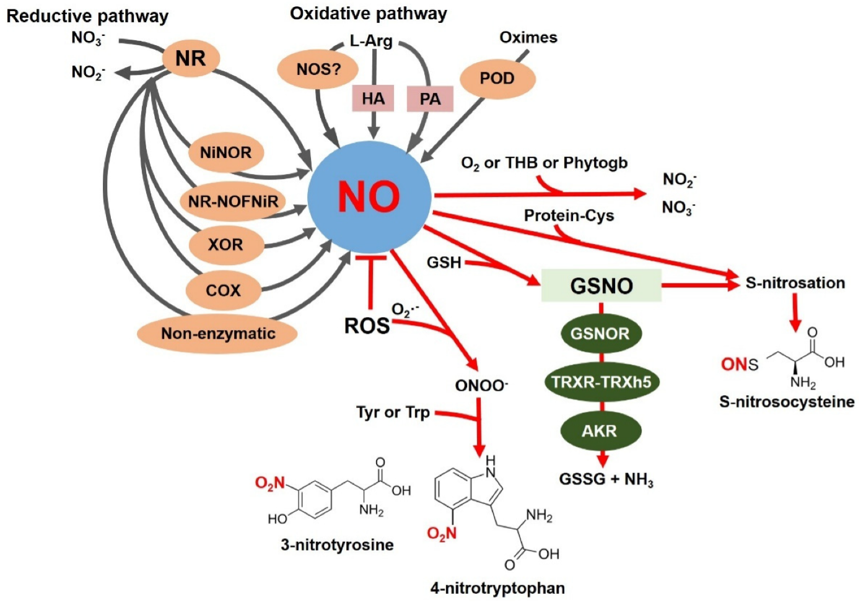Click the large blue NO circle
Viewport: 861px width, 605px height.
(x=369, y=197)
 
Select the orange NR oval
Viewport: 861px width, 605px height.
(x=191, y=59)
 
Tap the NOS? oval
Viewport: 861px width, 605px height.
(x=318, y=69)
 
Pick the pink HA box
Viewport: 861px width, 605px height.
(x=373, y=98)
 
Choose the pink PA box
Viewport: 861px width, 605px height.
(x=430, y=99)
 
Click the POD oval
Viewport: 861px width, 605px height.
(x=497, y=79)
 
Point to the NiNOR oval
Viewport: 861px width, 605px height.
(x=225, y=152)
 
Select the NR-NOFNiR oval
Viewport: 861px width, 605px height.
(x=233, y=201)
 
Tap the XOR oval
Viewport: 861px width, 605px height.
(x=225, y=245)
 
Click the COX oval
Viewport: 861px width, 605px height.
(x=224, y=290)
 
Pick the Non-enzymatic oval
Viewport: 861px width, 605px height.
(x=217, y=334)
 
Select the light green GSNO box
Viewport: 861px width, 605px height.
(x=601, y=285)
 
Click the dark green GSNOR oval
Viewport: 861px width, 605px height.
(x=600, y=334)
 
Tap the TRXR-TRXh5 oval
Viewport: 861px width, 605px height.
(x=601, y=381)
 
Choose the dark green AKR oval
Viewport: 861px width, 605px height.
(x=600, y=431)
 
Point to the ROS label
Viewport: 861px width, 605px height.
(x=367, y=326)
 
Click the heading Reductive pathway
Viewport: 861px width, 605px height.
(x=87, y=16)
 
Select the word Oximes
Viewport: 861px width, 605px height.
(x=528, y=38)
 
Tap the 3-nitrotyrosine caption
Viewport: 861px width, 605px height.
(x=337, y=545)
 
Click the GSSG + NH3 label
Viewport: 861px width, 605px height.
(x=606, y=479)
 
